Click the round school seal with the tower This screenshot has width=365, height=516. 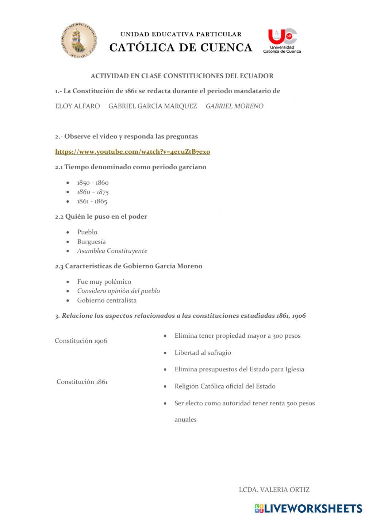[79, 40]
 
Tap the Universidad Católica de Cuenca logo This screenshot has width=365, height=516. [282, 41]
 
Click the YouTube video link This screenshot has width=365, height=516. [132, 152]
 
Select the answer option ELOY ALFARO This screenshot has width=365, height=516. [77, 106]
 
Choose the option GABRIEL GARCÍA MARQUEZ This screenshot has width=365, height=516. [153, 106]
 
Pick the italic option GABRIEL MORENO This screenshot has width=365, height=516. [234, 106]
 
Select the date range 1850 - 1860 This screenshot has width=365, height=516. [93, 183]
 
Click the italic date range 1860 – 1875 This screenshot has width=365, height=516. [93, 192]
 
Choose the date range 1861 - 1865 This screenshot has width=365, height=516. [92, 202]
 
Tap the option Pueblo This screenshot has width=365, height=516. [87, 232]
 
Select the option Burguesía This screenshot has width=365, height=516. [91, 242]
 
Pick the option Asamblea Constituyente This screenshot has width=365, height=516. [112, 251]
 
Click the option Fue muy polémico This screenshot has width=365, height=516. [104, 282]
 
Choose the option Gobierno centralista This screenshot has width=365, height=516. [107, 301]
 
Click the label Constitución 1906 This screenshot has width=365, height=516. [81, 341]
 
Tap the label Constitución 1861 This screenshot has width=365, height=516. [82, 382]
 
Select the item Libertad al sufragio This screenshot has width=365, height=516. [203, 353]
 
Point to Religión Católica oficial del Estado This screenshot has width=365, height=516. [225, 386]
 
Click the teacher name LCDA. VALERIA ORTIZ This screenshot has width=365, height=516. [274, 490]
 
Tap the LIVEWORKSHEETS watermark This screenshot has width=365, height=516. [308, 508]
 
